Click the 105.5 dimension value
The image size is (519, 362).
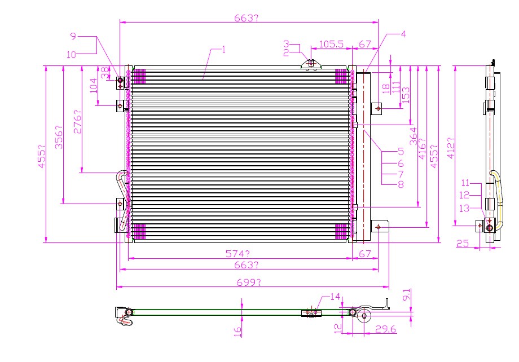click(331, 44)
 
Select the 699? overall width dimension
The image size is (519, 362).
click(249, 282)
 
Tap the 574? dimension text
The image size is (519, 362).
click(237, 254)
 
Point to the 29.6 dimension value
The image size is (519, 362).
click(386, 329)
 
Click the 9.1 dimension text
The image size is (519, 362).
click(407, 294)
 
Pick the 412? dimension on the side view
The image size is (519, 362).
click(451, 148)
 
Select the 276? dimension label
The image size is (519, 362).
click(77, 122)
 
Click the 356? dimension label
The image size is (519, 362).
click(59, 137)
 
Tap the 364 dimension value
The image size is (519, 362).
click(414, 136)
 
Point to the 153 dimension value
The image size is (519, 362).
click(406, 95)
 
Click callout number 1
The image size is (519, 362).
click(224, 49)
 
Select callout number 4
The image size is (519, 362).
click(403, 34)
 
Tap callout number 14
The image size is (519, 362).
click(335, 297)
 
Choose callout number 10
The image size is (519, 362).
click(71, 55)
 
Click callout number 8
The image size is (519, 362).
click(401, 184)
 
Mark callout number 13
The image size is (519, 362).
click(464, 208)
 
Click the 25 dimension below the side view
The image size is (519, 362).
click(463, 244)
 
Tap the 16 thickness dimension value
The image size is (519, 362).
click(237, 332)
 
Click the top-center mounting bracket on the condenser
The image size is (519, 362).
click(311, 63)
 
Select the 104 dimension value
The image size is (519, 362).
click(94, 86)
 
